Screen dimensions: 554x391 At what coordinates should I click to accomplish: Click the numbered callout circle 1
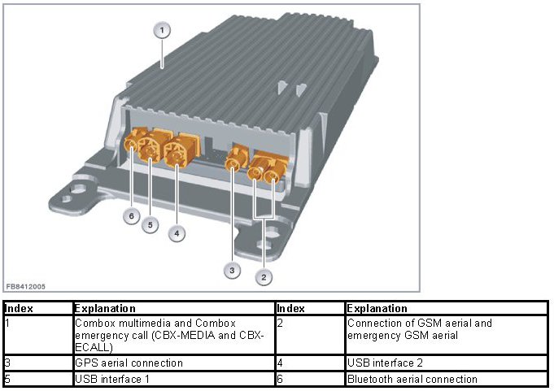click(x=162, y=30)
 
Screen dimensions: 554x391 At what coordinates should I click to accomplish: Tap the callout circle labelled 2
click(x=264, y=277)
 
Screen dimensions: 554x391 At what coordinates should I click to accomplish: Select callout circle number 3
click(x=232, y=271)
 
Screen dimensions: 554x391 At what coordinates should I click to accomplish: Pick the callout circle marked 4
click(x=177, y=233)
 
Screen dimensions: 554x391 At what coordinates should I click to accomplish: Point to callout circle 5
click(x=150, y=225)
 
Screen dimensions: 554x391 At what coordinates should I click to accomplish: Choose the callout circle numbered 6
click(x=132, y=215)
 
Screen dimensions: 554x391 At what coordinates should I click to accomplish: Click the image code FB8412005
click(x=26, y=287)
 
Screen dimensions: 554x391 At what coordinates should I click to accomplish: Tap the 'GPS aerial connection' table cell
click(x=174, y=363)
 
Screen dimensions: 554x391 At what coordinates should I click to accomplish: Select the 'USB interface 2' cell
click(x=447, y=363)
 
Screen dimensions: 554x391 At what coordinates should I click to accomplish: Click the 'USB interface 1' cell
click(x=174, y=379)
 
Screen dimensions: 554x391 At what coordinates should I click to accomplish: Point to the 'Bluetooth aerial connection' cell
click(x=447, y=379)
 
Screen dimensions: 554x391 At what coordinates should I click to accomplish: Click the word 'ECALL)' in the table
click(x=94, y=348)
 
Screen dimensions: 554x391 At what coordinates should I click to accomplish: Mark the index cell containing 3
click(x=37, y=363)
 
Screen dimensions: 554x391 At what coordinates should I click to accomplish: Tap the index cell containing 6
click(x=310, y=379)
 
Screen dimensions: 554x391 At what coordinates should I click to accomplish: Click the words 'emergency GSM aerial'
click(x=403, y=335)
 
